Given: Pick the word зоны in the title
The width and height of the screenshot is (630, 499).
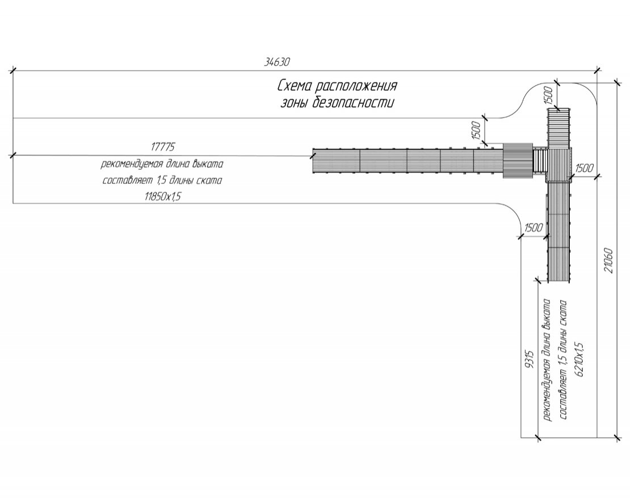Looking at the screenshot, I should (295, 103).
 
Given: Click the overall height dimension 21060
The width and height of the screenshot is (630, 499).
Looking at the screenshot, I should (608, 261).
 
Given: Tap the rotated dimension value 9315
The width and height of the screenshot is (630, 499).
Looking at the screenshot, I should (529, 359).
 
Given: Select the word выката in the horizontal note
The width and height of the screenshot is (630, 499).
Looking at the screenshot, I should (207, 165).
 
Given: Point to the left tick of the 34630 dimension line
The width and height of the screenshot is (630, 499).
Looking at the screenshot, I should (12, 71).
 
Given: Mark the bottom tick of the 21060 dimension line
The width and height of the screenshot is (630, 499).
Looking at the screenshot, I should (617, 437).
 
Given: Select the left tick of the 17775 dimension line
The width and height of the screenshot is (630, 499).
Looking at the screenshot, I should (12, 154).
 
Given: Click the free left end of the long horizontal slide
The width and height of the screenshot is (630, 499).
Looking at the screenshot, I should (313, 161).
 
